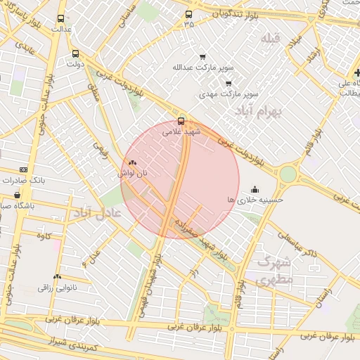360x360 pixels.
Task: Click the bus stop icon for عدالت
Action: pyautogui.click(x=60, y=19)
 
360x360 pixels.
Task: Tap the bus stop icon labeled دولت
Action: pyautogui.click(x=75, y=53)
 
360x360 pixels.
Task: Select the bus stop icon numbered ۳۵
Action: pyautogui.click(x=188, y=14)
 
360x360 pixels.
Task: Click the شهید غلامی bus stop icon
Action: pyautogui.click(x=181, y=120)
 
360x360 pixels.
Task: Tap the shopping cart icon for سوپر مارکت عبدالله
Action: pyautogui.click(x=203, y=57)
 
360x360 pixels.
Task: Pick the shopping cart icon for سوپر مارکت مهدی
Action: pyautogui.click(x=229, y=83)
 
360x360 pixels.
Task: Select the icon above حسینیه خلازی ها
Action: pyautogui.click(x=254, y=189)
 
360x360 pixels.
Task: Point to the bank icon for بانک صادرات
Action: pyautogui.click(x=25, y=169)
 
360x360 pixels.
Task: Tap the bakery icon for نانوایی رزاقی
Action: pyautogui.click(x=57, y=277)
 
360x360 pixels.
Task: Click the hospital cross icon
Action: pyautogui.click(x=357, y=72)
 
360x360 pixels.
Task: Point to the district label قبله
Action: pyautogui.click(x=270, y=37)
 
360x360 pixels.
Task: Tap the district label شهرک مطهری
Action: pyautogui.click(x=264, y=271)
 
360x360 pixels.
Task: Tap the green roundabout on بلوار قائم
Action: pyautogui.click(x=288, y=174)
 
